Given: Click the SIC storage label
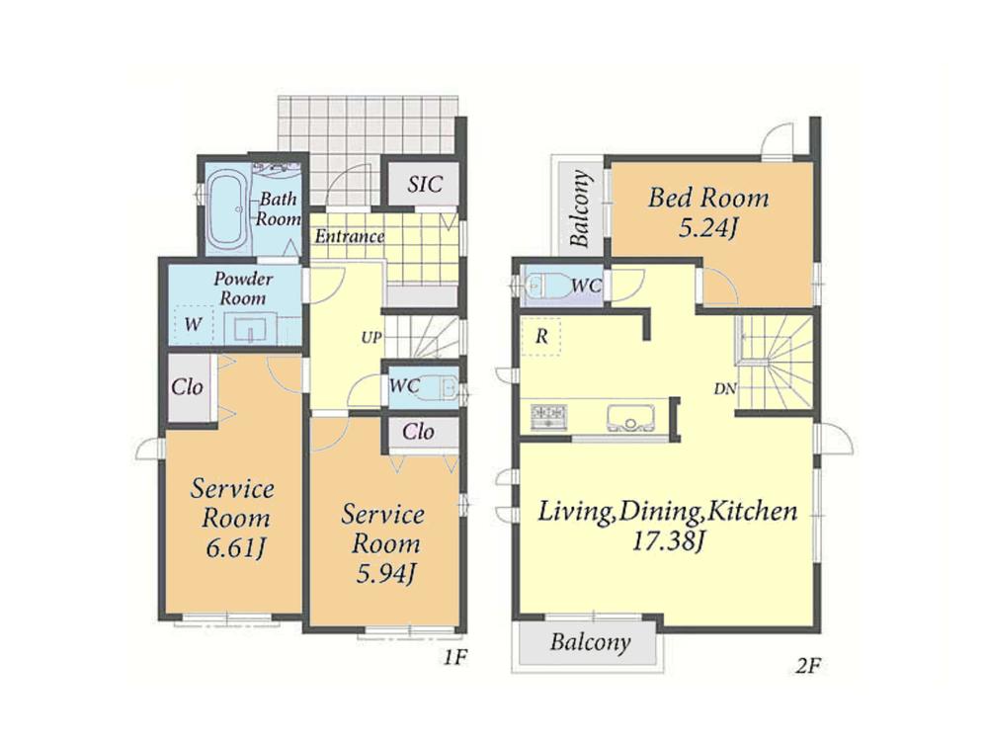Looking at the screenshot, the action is pyautogui.click(x=425, y=185).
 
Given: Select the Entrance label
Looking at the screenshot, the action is pyautogui.click(x=350, y=236).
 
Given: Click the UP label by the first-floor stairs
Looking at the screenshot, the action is pyautogui.click(x=371, y=338).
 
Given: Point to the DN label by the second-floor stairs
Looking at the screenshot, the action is pyautogui.click(x=725, y=389).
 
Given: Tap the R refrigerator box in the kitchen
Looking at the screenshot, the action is pyautogui.click(x=541, y=337).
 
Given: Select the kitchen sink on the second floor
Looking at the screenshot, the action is pyautogui.click(x=630, y=418).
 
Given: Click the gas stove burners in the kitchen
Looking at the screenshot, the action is pyautogui.click(x=548, y=417).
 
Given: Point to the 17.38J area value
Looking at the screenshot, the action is pyautogui.click(x=667, y=541).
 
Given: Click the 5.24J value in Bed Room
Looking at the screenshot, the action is pyautogui.click(x=707, y=228).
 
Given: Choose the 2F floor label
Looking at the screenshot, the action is pyautogui.click(x=808, y=666).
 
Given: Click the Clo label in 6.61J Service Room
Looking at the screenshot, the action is pyautogui.click(x=187, y=386).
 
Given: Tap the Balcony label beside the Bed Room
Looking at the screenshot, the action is pyautogui.click(x=580, y=208).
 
